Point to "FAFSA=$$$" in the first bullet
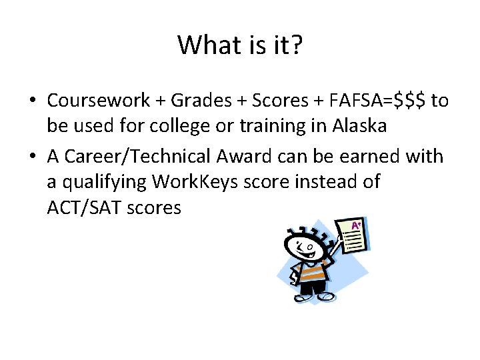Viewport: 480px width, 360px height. (x=375, y=101)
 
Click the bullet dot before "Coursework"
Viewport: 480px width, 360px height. (x=32, y=101)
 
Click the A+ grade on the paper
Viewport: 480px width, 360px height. (x=357, y=227)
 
